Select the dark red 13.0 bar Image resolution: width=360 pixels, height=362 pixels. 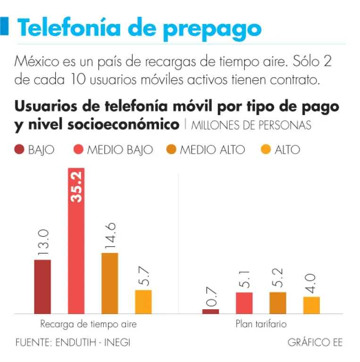click(42, 287)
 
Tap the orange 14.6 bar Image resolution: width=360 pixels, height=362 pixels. click(109, 283)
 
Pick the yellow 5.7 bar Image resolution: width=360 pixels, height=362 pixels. click(143, 302)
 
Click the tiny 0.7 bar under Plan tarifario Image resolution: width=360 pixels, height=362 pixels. click(210, 311)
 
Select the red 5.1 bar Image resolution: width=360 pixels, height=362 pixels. click(244, 303)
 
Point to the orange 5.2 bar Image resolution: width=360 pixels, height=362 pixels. click(277, 303)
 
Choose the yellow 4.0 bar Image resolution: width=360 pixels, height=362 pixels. click(311, 305)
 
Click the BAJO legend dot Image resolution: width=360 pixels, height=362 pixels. click(19, 150)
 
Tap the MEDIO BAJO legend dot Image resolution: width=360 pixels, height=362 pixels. click(79, 150)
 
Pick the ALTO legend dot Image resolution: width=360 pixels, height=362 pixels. click(266, 150)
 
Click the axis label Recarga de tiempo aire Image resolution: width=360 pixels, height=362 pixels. click(88, 324)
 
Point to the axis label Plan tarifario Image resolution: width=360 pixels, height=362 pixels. click(261, 324)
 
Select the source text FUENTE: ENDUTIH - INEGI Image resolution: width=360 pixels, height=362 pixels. click(73, 342)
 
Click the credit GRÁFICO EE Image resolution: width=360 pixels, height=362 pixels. click(315, 342)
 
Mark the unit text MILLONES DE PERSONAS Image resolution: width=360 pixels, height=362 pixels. click(251, 125)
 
